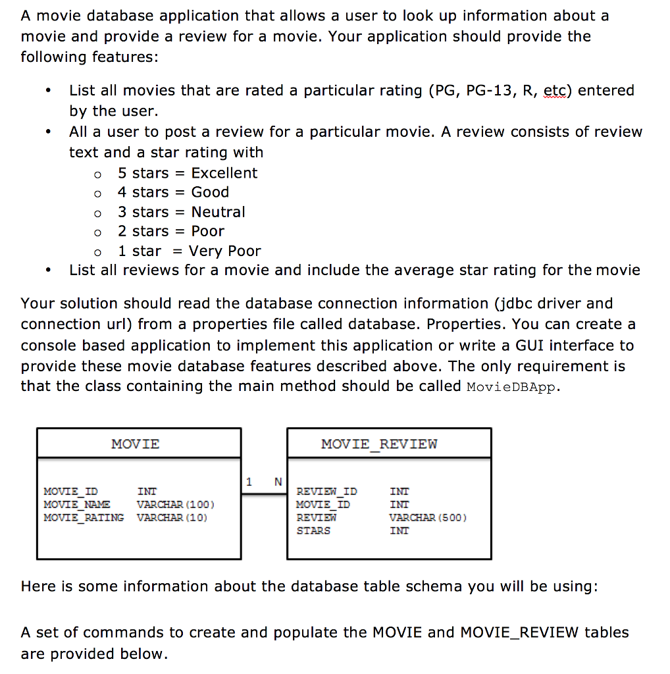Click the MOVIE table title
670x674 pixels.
pyautogui.click(x=136, y=444)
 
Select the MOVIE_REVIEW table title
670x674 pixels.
pyautogui.click(x=379, y=444)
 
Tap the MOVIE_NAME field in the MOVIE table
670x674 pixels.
pyautogui.click(x=77, y=504)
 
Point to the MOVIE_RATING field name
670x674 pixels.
pyautogui.click(x=84, y=517)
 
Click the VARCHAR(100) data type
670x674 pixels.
pyautogui.click(x=176, y=504)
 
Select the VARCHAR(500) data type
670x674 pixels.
pyautogui.click(x=428, y=517)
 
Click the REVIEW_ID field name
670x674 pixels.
pyautogui.click(x=327, y=491)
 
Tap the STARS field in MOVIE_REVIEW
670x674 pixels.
pyautogui.click(x=314, y=531)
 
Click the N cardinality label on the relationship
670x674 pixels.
pyautogui.click(x=278, y=482)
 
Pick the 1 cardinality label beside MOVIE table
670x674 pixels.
pyautogui.click(x=249, y=482)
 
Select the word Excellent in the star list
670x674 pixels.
pyautogui.click(x=224, y=173)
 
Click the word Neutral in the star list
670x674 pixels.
pyautogui.click(x=218, y=212)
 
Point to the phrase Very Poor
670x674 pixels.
pyautogui.click(x=224, y=251)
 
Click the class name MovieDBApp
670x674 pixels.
pyautogui.click(x=512, y=387)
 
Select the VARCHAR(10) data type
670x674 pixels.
pyautogui.click(x=172, y=517)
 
